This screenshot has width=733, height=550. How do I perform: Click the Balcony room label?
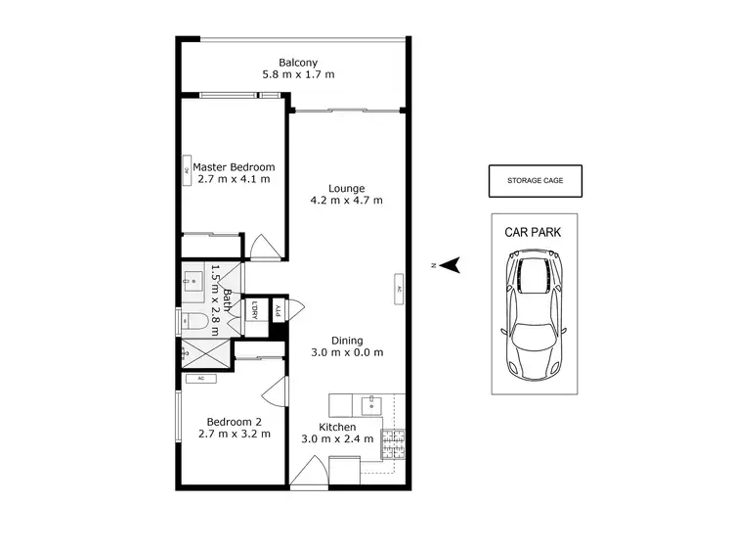point(298,63)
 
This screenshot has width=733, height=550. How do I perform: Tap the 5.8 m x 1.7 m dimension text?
point(298,75)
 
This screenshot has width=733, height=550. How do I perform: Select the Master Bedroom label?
point(233,167)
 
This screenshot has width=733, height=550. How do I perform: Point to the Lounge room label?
point(347,188)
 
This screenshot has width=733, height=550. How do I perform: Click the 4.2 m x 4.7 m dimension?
point(347,201)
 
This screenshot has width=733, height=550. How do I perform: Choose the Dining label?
point(347,341)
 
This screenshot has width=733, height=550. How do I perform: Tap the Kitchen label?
point(337,428)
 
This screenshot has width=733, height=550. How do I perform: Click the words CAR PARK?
point(534,233)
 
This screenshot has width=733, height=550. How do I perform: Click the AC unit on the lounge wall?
point(399,288)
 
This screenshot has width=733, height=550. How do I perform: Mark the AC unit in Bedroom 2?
point(200,378)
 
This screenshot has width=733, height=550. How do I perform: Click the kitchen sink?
point(368,402)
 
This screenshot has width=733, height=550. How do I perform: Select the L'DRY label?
point(253,309)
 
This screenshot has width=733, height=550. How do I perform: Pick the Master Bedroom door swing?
point(264,246)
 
